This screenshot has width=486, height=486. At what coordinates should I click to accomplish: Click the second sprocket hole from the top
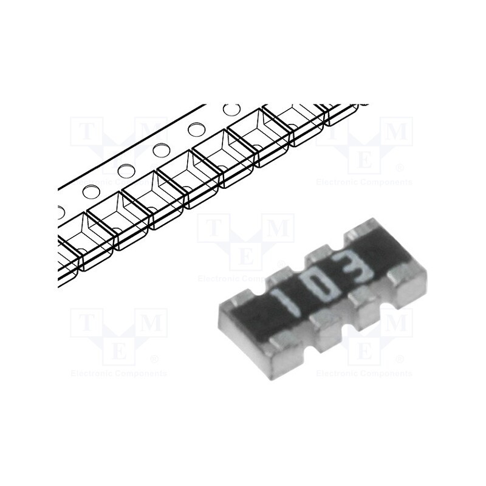[196, 129]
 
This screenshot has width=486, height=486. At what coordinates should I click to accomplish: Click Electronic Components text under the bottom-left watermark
[119, 373]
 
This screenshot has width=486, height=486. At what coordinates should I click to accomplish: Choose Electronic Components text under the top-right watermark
[364, 182]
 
